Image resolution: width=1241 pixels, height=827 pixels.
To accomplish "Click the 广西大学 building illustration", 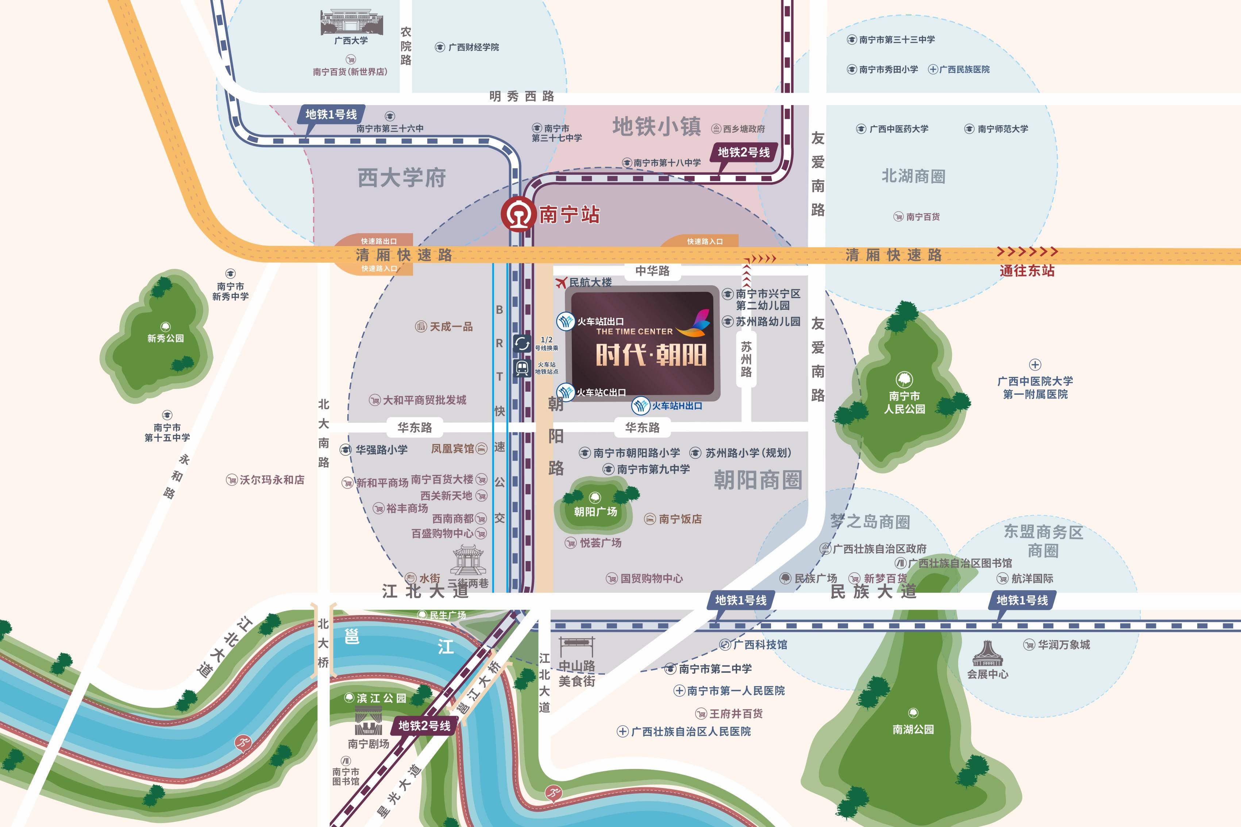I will tap(351, 22).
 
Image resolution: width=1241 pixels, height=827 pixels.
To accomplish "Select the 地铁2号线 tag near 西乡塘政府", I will tap(744, 152).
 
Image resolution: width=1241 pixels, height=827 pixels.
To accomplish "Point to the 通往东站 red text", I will tap(1026, 271).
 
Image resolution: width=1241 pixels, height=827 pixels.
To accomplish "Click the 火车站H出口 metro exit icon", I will tap(641, 406).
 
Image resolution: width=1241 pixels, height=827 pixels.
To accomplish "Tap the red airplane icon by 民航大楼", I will tap(562, 283).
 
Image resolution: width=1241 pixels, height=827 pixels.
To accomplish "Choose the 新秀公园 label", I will tap(166, 338).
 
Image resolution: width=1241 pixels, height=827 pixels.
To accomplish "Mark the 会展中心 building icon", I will tap(987, 654).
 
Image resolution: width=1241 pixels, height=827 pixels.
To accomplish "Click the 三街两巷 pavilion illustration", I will tap(468, 560).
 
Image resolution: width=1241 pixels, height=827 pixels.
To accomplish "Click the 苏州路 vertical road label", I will tap(746, 359).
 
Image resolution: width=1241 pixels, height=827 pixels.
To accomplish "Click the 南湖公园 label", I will tap(913, 729).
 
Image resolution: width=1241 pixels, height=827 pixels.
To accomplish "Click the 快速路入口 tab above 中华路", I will tap(704, 241).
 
